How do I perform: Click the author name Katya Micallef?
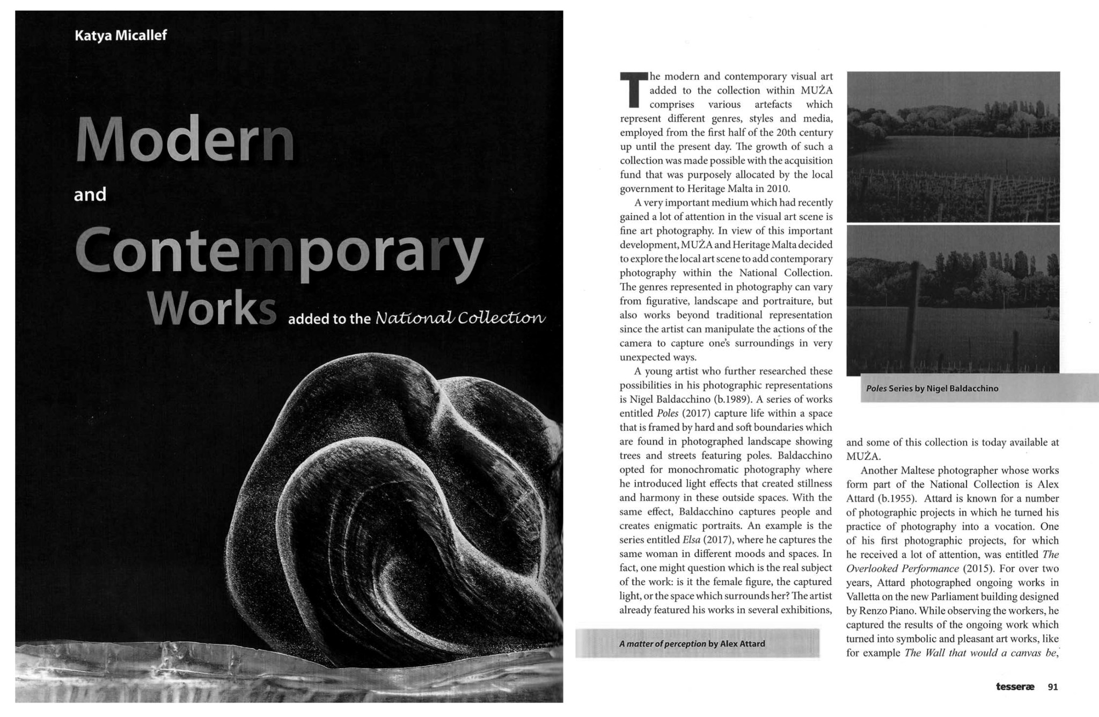121,35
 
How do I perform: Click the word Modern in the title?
185,141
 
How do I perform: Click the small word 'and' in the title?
90,194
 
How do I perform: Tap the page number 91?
1052,686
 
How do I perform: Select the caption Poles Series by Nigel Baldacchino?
932,388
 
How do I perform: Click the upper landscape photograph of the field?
953,147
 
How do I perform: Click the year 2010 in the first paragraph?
779,189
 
